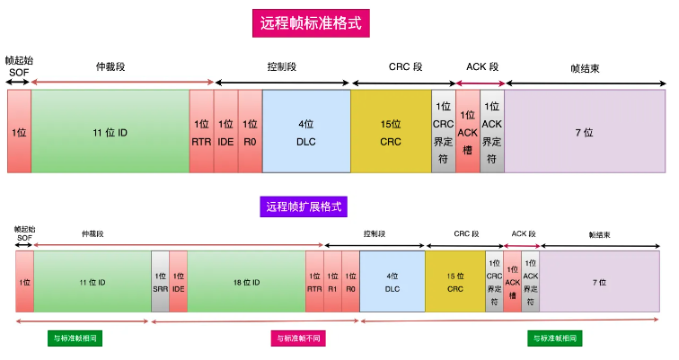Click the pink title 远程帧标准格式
click(311, 23)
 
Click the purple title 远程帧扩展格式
click(304, 206)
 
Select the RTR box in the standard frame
click(201, 131)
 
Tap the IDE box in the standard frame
click(225, 131)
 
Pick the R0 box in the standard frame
click(250, 131)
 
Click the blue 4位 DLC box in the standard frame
click(306, 131)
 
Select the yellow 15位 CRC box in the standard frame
click(391, 131)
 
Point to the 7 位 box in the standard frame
click(585, 131)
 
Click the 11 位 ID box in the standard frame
click(110, 131)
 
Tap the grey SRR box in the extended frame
click(160, 282)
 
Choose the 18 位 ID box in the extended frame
click(246, 282)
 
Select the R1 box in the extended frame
click(332, 282)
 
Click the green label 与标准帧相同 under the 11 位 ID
click(75, 338)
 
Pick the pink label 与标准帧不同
click(298, 338)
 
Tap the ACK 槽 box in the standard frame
click(468, 131)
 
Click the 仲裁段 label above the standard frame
click(110, 66)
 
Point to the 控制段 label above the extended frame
click(375, 233)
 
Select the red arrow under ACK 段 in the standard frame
click(481, 83)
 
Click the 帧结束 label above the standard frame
click(585, 68)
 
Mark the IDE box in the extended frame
click(179, 282)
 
